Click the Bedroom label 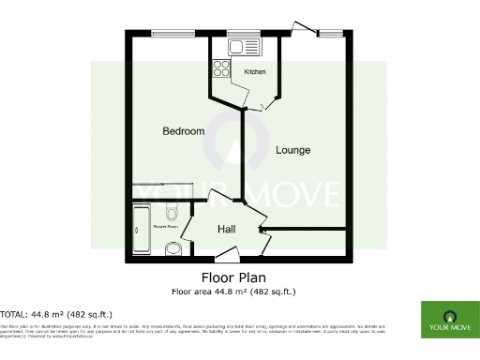183,131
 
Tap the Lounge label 292,150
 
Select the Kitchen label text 255,71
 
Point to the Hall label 227,229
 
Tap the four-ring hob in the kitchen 223,68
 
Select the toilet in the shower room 171,210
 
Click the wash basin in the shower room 172,247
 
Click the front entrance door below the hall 227,254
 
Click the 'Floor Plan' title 233,277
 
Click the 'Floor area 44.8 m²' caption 233,291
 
